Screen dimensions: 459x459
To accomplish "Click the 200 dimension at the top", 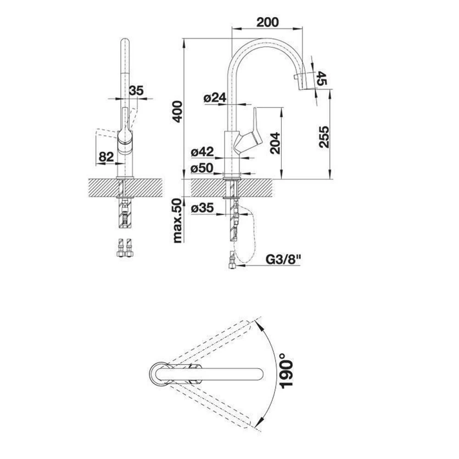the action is tap(268, 22).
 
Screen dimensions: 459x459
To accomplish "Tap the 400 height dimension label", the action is tap(177, 112).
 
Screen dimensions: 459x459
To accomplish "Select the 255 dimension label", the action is tap(324, 137).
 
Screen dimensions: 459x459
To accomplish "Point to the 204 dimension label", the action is tap(275, 143).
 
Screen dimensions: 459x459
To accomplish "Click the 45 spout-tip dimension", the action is tap(322, 78).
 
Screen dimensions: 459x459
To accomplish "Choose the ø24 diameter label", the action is tap(215, 97).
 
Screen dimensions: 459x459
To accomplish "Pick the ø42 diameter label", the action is tap(202, 151).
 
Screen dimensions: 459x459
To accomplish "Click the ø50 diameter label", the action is tap(202, 168).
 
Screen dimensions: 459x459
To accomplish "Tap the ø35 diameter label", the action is tap(202, 208).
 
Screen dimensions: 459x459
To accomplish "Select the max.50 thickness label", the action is tap(177, 220).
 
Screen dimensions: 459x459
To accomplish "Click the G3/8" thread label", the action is tap(283, 259).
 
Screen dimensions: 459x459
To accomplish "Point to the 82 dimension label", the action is tap(106, 157).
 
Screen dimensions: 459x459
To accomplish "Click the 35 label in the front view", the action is tap(136, 90).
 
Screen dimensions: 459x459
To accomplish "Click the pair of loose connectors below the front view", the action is tap(125, 248).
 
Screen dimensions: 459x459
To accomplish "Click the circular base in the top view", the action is tap(160, 375).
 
